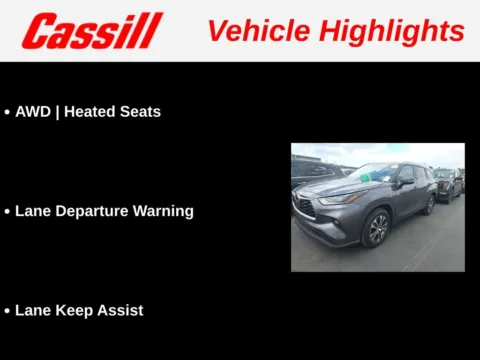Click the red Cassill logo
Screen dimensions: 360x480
pyautogui.click(x=92, y=30)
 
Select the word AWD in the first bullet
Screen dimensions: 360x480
pyautogui.click(x=33, y=112)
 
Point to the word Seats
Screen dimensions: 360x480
pyautogui.click(x=141, y=112)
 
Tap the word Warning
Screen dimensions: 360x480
pyautogui.click(x=164, y=211)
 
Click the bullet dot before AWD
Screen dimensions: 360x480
pyautogui.click(x=7, y=113)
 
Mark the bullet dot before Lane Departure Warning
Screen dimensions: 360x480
pyautogui.click(x=7, y=212)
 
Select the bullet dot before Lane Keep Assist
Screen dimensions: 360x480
pyautogui.click(x=7, y=311)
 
